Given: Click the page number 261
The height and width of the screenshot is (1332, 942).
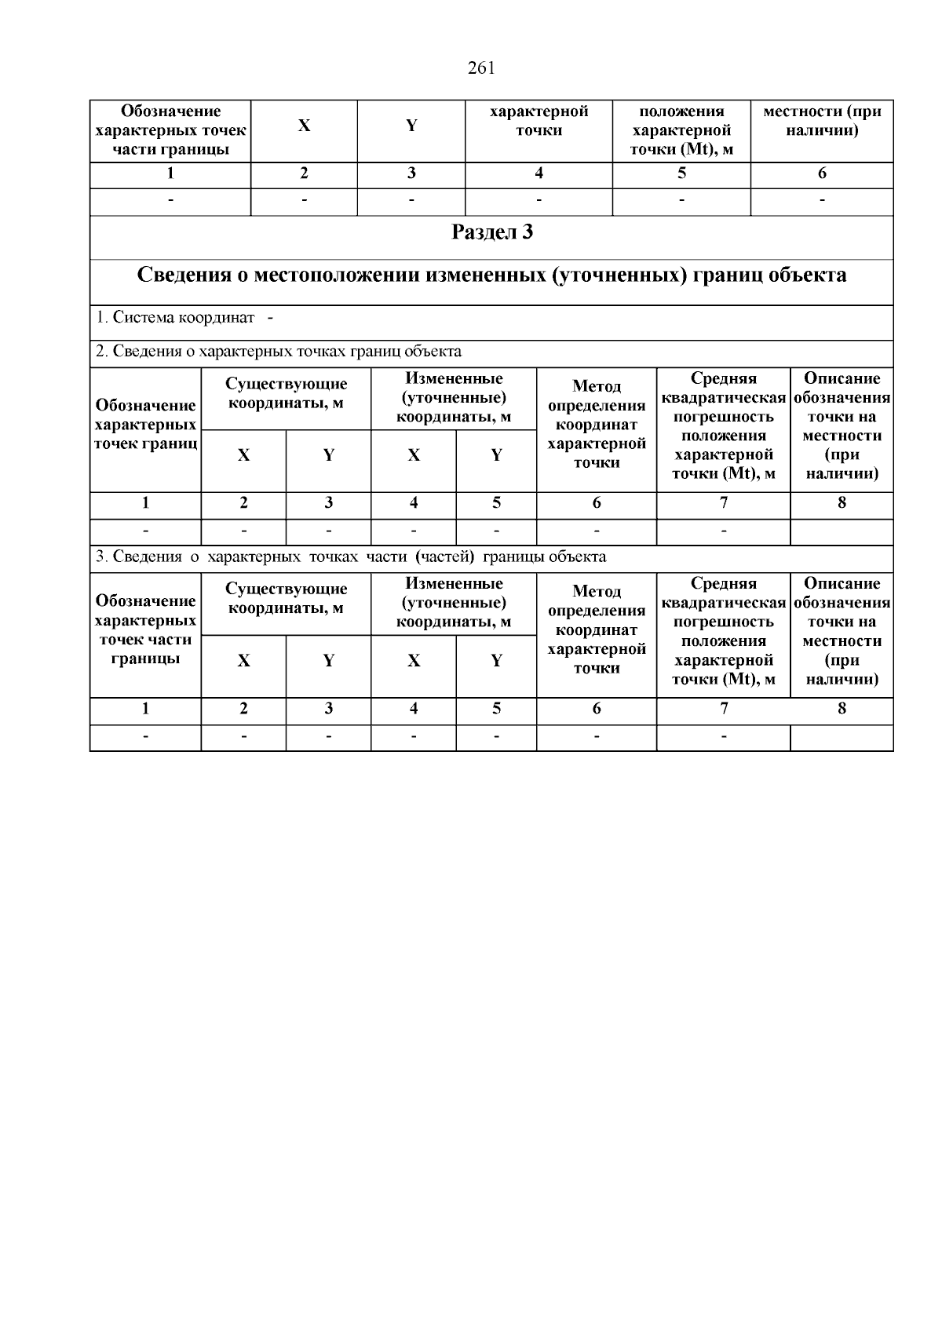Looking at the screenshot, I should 480,68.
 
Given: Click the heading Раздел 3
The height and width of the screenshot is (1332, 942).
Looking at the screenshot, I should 492,232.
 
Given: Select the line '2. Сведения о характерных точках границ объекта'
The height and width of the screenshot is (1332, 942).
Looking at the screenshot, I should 279,352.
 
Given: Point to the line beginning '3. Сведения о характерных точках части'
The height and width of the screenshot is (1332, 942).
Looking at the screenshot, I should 350,557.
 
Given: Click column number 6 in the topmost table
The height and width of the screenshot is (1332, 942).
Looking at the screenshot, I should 821,173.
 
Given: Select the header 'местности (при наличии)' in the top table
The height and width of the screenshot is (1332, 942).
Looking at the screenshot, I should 821,121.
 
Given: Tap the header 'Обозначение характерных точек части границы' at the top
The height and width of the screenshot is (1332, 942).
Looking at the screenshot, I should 170,130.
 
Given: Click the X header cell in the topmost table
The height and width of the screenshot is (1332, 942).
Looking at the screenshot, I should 305,126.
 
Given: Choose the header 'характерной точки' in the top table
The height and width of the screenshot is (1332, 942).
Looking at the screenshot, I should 539,121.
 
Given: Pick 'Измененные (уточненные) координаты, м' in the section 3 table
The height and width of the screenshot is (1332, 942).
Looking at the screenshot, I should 453,603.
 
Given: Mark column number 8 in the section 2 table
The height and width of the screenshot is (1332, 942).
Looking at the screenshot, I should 842,503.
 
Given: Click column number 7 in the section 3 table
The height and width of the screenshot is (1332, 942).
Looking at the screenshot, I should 723,709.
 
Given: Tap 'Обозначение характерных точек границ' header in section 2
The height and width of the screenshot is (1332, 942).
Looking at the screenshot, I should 145,425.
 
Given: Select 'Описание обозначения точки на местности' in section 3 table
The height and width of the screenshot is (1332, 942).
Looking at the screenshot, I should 842,631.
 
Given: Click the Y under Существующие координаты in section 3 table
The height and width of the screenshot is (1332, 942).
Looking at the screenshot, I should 328,661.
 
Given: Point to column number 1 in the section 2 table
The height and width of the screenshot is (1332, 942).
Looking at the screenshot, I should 145,503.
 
